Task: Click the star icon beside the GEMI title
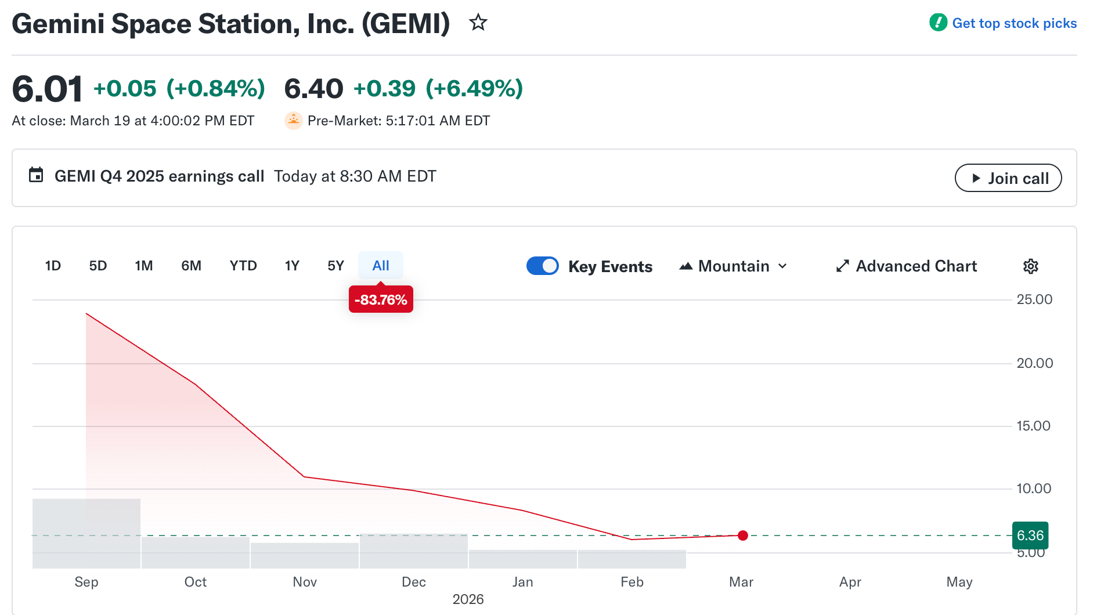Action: click(478, 23)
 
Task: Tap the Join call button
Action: click(1008, 178)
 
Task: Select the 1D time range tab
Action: click(53, 266)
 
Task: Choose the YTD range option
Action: click(243, 266)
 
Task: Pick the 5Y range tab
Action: click(335, 266)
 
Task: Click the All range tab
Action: click(381, 266)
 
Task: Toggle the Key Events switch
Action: click(543, 266)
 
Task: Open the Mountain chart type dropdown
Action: click(734, 266)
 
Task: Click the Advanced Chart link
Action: click(907, 266)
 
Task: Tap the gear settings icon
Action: click(1030, 266)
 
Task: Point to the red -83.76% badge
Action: click(381, 299)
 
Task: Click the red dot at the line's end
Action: click(743, 536)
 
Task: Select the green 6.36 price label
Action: click(1030, 536)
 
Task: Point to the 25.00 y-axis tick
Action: click(1034, 299)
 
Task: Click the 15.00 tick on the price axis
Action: click(1033, 426)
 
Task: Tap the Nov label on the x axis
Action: click(305, 582)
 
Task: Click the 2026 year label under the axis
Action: click(468, 599)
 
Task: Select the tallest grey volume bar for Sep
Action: click(86, 534)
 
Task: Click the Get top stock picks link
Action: click(1014, 23)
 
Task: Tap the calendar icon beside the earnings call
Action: click(36, 175)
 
